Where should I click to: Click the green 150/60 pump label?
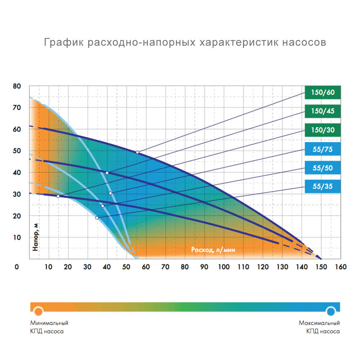point(322,92)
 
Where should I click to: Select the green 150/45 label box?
point(322,111)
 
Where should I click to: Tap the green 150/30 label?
point(322,130)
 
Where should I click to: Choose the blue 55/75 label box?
point(322,148)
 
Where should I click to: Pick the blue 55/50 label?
point(322,167)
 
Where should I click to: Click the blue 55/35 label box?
point(322,186)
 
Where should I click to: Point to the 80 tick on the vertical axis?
point(17,86)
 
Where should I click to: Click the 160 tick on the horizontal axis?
point(341,267)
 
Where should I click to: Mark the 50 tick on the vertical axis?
point(17,151)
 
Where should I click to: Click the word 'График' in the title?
point(63,42)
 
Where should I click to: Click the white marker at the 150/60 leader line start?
point(137,152)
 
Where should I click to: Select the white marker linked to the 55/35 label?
point(97,218)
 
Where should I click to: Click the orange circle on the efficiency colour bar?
point(39,310)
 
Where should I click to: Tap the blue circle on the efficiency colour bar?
point(331,310)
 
